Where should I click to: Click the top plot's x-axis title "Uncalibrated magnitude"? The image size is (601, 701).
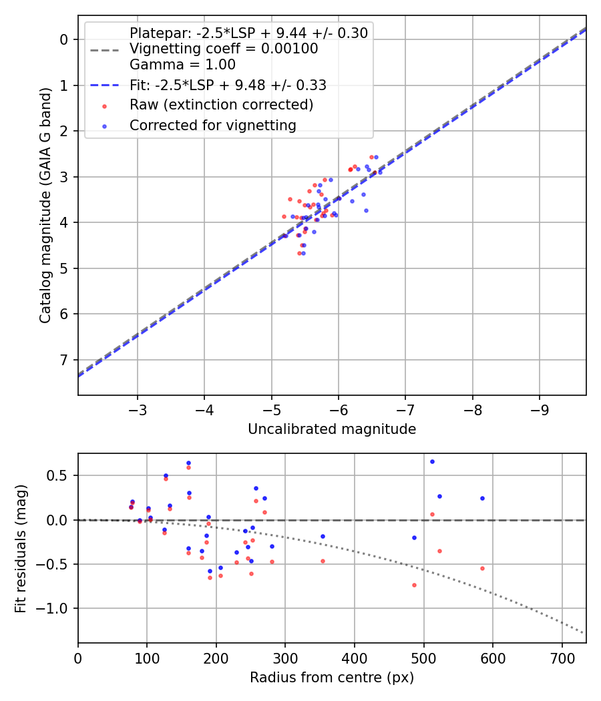click(x=332, y=429)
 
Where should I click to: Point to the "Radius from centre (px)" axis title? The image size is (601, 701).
click(x=332, y=678)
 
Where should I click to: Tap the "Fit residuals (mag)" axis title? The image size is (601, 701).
click(x=21, y=547)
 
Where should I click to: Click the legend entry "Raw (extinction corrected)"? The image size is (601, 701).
click(x=221, y=105)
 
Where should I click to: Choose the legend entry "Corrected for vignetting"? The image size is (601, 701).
click(x=212, y=125)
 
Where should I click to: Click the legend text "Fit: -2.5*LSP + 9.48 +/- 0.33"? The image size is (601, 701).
click(x=228, y=85)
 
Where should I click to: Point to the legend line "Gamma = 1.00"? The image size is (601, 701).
click(x=182, y=65)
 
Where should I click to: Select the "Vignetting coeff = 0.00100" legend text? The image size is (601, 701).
click(x=224, y=49)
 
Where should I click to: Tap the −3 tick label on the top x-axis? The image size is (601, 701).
click(x=138, y=409)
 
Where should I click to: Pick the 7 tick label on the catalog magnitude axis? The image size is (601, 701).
click(x=65, y=360)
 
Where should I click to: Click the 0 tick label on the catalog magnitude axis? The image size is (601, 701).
click(x=65, y=39)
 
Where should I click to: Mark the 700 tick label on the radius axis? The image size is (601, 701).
click(x=562, y=657)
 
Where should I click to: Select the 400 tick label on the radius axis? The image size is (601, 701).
click(x=355, y=657)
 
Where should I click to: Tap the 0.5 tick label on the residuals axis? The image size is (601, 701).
click(x=60, y=476)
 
